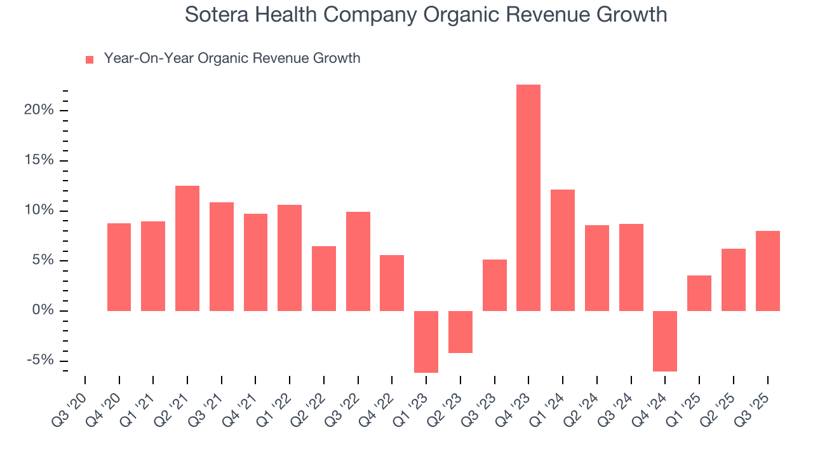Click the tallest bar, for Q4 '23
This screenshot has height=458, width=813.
pos(528,198)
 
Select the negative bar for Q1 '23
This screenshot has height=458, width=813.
pos(426,342)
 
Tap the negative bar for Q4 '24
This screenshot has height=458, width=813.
pos(665,341)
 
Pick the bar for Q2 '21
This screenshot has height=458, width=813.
pos(187,248)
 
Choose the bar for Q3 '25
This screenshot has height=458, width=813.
pos(767,271)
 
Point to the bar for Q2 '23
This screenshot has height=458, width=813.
pos(460,331)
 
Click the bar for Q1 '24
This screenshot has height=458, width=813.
pos(563,250)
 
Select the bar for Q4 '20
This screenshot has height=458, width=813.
pos(119,267)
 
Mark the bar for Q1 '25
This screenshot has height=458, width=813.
pos(699,293)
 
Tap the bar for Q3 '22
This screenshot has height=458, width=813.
pos(358,261)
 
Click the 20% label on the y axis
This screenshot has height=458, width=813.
pos(39,110)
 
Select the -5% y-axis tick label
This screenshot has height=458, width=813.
pos(41,361)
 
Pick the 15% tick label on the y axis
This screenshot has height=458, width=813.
pos(39,160)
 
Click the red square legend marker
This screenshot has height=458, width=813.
pos(90,60)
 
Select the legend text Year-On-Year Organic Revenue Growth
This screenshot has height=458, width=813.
pos(232,59)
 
